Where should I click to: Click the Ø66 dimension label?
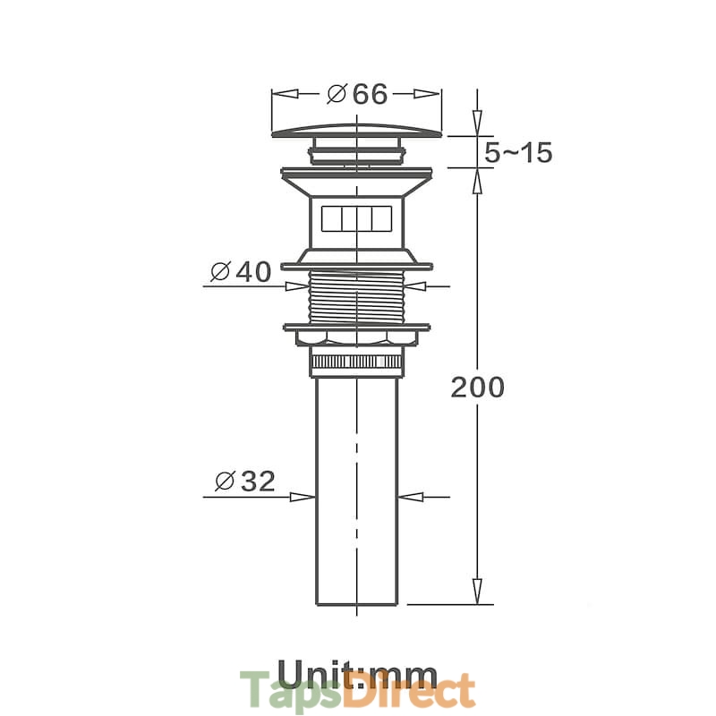(x=357, y=94)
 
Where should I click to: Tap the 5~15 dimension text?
(x=518, y=152)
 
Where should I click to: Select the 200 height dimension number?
(x=478, y=388)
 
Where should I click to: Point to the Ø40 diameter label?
(x=241, y=272)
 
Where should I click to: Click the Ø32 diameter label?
(x=245, y=481)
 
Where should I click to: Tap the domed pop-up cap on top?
(x=357, y=131)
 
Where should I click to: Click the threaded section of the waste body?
(x=356, y=297)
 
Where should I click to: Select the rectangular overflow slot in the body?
(x=356, y=218)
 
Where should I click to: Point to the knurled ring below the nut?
(x=356, y=362)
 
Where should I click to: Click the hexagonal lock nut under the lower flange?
(x=356, y=337)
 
